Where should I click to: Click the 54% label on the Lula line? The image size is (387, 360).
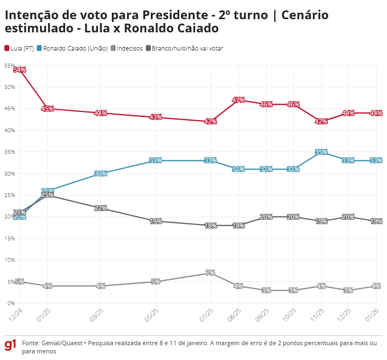point(20,70)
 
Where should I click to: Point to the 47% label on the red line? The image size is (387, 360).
point(238,100)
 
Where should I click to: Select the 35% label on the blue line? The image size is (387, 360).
point(321,152)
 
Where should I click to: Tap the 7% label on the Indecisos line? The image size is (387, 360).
point(210,273)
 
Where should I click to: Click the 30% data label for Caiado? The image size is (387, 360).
point(101,173)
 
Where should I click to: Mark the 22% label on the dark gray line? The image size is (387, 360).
point(101,208)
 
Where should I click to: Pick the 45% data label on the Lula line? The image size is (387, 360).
point(47,109)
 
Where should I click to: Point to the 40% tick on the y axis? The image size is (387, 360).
point(9,130)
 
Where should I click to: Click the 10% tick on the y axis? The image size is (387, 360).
point(9,260)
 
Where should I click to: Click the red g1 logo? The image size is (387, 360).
point(10,345)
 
